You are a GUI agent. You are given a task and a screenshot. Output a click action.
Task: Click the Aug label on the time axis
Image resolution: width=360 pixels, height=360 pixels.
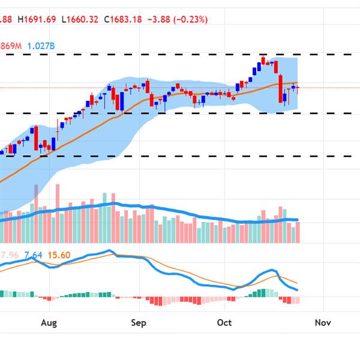tap(49, 323)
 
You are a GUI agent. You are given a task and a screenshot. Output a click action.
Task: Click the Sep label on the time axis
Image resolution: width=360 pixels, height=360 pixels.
tap(139, 323)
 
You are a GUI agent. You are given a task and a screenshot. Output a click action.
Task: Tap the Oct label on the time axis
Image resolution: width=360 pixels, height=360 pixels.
tap(224, 323)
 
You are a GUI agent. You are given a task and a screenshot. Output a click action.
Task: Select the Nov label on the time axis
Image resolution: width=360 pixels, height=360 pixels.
tap(323, 323)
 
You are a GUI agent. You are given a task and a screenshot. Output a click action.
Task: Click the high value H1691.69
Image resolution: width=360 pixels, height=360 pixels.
tap(37, 19)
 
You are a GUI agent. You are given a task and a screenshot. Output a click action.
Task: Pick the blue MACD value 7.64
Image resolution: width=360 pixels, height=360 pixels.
tap(35, 255)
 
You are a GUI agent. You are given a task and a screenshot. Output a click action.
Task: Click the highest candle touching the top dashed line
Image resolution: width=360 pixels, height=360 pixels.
tap(263, 60)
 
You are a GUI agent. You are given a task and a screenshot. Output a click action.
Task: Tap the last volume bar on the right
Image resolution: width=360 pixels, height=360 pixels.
tap(298, 232)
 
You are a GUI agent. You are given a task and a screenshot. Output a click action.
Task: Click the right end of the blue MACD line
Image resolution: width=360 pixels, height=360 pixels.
tap(298, 290)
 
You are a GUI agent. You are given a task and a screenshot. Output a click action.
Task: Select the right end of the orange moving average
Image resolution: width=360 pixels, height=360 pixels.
tap(298, 83)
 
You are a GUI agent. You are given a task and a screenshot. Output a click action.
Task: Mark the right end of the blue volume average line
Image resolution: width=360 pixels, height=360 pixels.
tap(298, 220)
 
